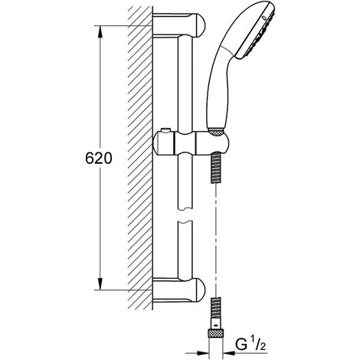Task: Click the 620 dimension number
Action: click(x=100, y=159)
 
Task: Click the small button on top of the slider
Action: click(x=168, y=130)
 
